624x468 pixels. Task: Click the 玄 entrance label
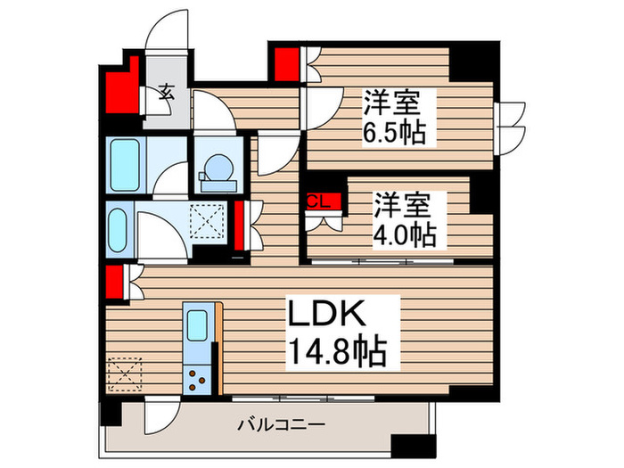coord(167,90)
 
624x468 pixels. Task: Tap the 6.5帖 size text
coord(392,133)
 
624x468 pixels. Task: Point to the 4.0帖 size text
coord(405,235)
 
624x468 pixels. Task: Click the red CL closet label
coord(319,201)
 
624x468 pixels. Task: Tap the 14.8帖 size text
coord(334,354)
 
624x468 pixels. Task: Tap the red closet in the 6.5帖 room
coord(287,63)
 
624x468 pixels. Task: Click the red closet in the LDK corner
coord(113,282)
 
